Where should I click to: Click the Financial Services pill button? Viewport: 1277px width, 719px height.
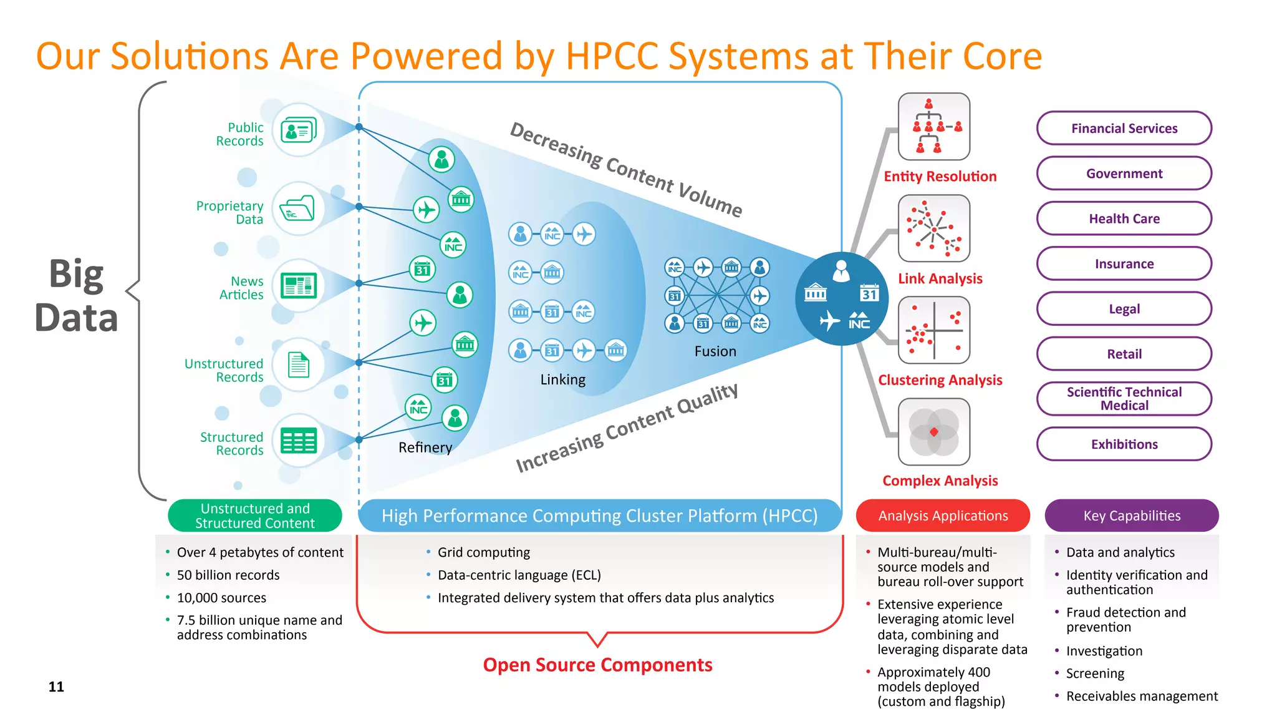click(x=1124, y=129)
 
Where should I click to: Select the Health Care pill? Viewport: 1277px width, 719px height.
click(x=1124, y=218)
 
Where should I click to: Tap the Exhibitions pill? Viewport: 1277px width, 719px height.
click(x=1124, y=444)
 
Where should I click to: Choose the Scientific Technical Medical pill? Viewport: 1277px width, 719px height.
click(x=1124, y=399)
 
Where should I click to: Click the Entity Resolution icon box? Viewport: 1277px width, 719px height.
click(x=933, y=127)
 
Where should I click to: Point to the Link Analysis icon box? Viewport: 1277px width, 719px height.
click(x=933, y=228)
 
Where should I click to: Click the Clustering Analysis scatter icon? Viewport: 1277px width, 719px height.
click(x=933, y=330)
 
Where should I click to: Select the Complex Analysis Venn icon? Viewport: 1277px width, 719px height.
click(x=933, y=432)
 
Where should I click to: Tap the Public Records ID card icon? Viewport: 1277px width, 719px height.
click(x=299, y=130)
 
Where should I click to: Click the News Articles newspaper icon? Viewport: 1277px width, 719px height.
click(x=299, y=286)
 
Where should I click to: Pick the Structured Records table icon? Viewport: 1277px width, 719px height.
click(x=299, y=441)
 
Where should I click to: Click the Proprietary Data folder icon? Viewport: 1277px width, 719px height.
click(x=299, y=208)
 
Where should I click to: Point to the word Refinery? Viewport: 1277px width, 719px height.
click(x=425, y=448)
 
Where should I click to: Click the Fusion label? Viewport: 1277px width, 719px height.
click(x=715, y=351)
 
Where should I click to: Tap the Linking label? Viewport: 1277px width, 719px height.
click(x=562, y=379)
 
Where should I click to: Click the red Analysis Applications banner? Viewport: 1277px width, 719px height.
click(x=943, y=516)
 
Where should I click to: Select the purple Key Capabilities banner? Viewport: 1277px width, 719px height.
click(x=1132, y=516)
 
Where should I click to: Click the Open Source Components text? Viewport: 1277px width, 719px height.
click(x=597, y=665)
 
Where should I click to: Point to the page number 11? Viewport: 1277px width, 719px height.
click(x=56, y=687)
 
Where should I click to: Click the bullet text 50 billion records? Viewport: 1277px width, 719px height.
click(x=228, y=575)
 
